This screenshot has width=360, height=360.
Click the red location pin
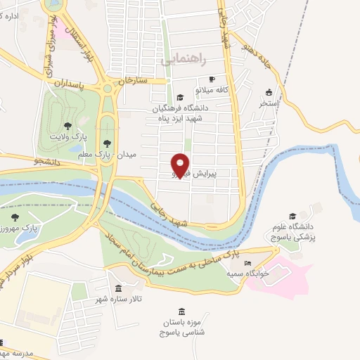click(x=181, y=165)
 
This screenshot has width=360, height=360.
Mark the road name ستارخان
click(x=133, y=80)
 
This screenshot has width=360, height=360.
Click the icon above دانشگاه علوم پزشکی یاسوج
click(x=292, y=217)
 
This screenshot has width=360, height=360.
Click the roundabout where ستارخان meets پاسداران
click(x=108, y=88)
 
